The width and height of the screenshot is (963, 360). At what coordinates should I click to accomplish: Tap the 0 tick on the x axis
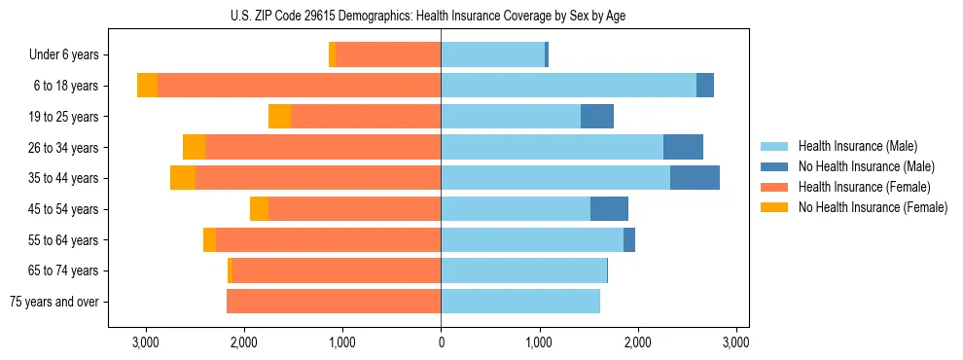441,342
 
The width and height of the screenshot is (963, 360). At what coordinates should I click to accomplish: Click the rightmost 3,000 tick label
735,342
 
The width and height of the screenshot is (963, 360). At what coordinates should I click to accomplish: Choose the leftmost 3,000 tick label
146,342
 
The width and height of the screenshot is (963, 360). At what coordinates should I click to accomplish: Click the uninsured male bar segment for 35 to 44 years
695,178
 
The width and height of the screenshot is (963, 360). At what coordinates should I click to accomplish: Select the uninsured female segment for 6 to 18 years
147,86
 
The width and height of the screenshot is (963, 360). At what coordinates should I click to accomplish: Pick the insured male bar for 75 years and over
520,302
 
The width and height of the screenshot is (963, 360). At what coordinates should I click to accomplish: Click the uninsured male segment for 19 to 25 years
597,117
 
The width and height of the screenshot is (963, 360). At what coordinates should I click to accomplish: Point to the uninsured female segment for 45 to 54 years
259,209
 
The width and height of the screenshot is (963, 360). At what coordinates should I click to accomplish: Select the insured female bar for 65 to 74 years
337,270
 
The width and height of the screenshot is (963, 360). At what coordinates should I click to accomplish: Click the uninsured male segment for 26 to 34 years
683,148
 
